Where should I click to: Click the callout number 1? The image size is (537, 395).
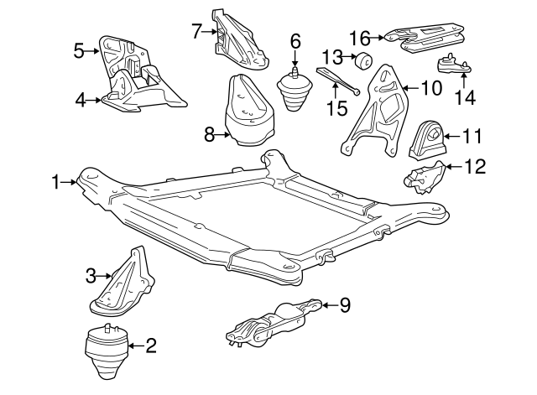tap(55, 181)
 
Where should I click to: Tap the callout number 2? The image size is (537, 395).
tap(151, 344)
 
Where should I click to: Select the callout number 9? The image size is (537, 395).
tap(344, 305)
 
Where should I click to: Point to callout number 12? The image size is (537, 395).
tap(475, 166)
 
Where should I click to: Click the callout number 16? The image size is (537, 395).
tap(360, 37)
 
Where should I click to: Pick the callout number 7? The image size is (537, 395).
tap(196, 33)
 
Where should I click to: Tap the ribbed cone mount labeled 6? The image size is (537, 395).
tap(293, 94)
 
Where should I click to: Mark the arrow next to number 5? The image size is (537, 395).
tap(93, 51)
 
